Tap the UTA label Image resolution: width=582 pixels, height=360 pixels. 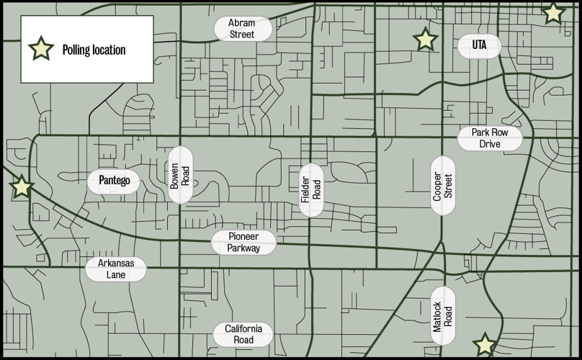point(479,45)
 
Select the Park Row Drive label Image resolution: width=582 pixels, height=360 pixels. point(490,138)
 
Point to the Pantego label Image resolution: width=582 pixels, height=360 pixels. point(114,181)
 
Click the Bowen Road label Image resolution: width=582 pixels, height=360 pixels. point(180,175)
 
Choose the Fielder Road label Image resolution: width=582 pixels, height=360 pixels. point(311,189)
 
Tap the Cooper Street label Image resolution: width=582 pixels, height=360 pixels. point(442,184)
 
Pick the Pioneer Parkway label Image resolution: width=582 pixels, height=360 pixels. point(244,243)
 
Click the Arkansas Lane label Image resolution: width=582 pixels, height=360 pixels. point(115,269)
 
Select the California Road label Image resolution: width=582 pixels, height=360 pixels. point(243,334)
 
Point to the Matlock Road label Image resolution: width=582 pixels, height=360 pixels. point(442,315)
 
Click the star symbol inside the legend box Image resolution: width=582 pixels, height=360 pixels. point(40,49)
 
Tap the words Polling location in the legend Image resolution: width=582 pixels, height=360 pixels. point(94,50)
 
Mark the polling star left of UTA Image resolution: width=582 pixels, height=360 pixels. point(425,40)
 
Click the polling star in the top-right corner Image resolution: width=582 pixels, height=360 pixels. point(552,12)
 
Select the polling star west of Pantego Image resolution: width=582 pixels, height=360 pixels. point(22,187)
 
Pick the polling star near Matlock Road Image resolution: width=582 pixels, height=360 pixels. point(485,346)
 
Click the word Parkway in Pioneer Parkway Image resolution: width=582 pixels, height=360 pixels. point(244,248)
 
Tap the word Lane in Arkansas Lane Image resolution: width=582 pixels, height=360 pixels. point(115,274)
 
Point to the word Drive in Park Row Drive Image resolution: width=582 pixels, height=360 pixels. point(490,144)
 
